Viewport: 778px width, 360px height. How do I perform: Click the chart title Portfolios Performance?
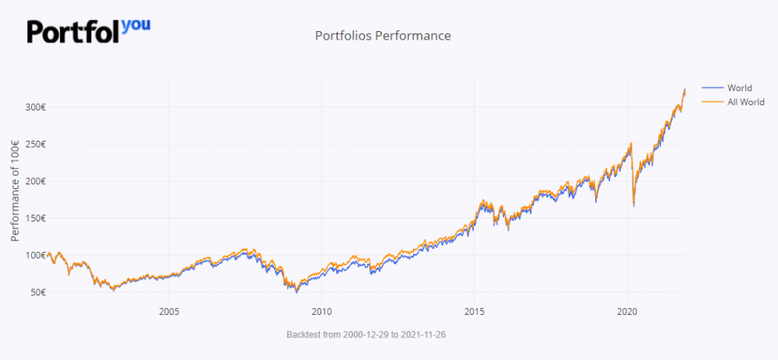(x=383, y=36)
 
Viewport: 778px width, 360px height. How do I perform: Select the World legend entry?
(x=739, y=88)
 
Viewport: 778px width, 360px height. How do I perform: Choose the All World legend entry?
(x=745, y=103)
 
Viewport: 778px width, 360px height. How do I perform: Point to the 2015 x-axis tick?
(x=475, y=312)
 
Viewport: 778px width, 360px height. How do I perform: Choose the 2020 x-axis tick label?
(x=627, y=312)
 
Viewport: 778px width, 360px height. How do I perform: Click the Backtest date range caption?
(x=366, y=334)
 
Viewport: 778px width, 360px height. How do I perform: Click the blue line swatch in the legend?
(x=712, y=88)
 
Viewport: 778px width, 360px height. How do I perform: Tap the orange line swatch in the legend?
(x=712, y=103)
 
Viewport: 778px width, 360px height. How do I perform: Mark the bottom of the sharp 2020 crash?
(x=634, y=205)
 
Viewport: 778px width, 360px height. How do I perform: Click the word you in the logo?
(x=136, y=24)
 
